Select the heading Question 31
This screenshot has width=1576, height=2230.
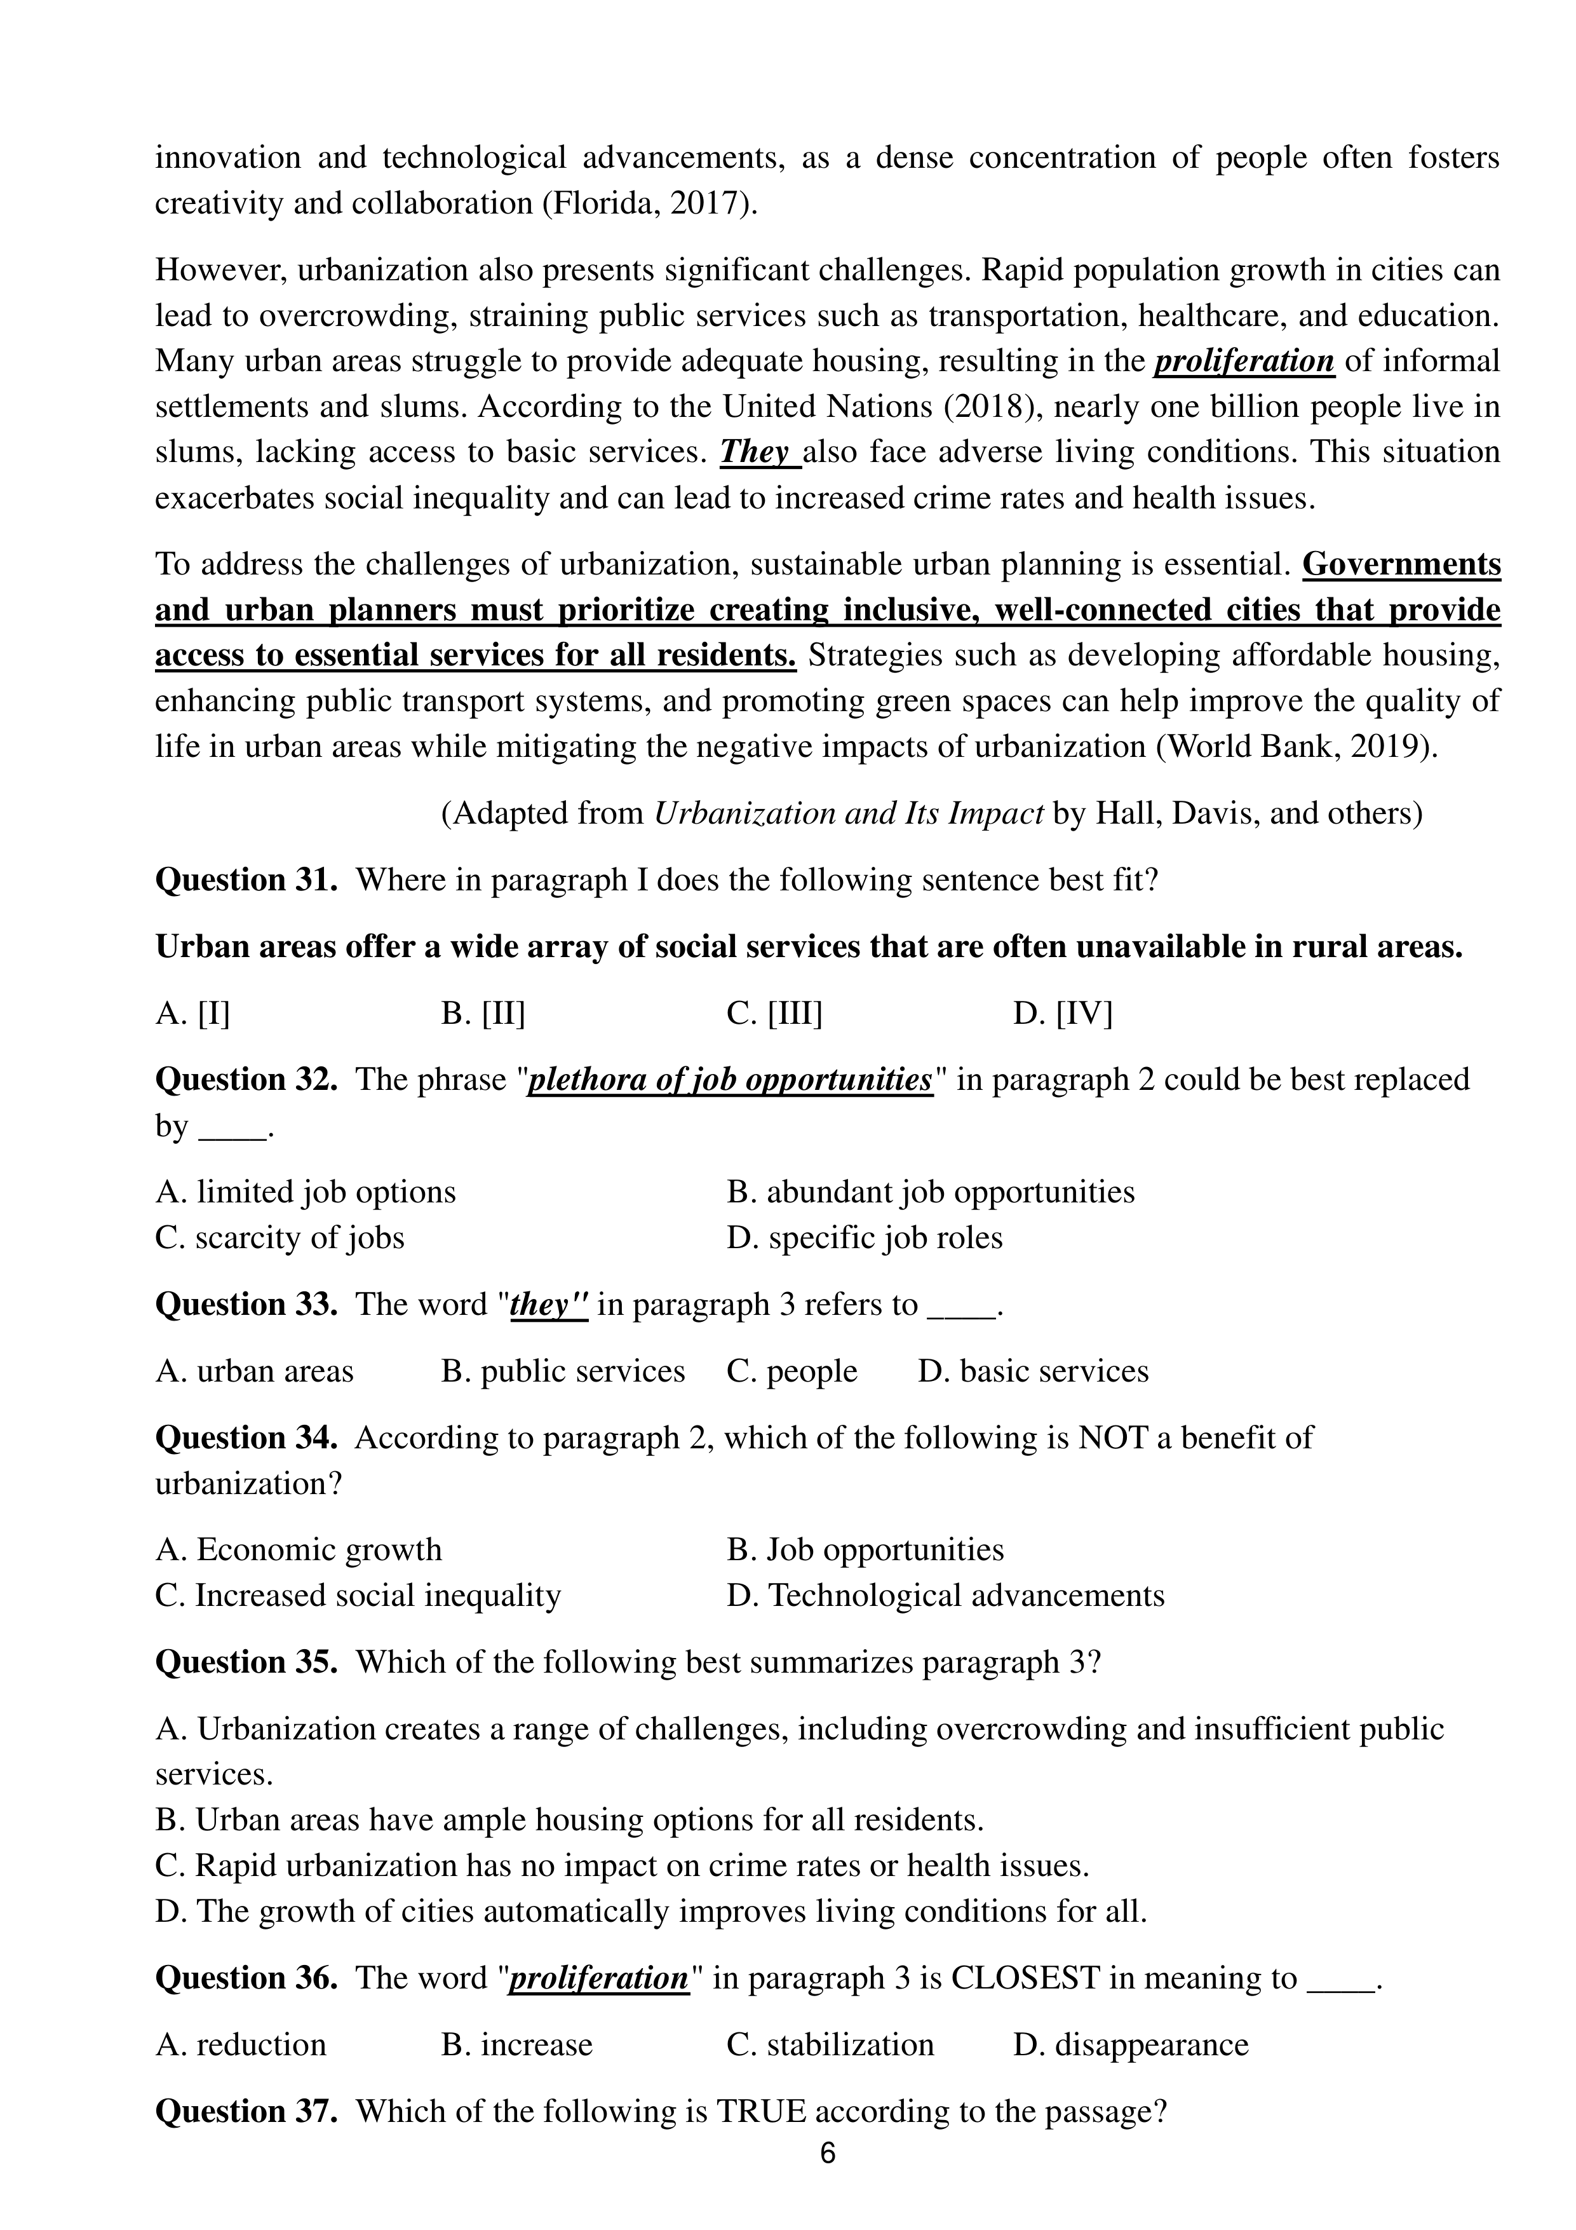246,880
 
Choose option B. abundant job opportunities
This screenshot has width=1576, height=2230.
930,1192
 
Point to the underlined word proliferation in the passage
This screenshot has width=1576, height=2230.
1244,362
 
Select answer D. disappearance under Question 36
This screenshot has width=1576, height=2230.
1130,2044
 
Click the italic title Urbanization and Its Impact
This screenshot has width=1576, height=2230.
849,813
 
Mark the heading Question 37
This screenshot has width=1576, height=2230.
246,2112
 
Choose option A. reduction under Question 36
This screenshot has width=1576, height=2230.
241,2044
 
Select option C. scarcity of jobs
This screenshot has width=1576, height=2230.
280,1237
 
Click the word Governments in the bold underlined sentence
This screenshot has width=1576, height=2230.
1401,564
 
